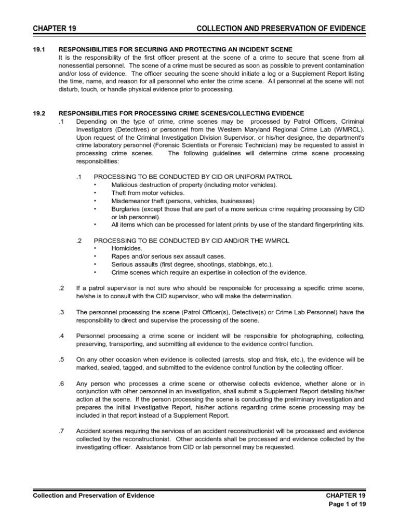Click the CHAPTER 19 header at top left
(53, 28)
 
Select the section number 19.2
(39, 113)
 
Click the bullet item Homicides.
(126, 248)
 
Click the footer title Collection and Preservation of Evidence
(94, 496)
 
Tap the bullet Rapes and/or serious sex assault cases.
(168, 256)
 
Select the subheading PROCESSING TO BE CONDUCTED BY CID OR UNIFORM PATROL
(192, 177)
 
